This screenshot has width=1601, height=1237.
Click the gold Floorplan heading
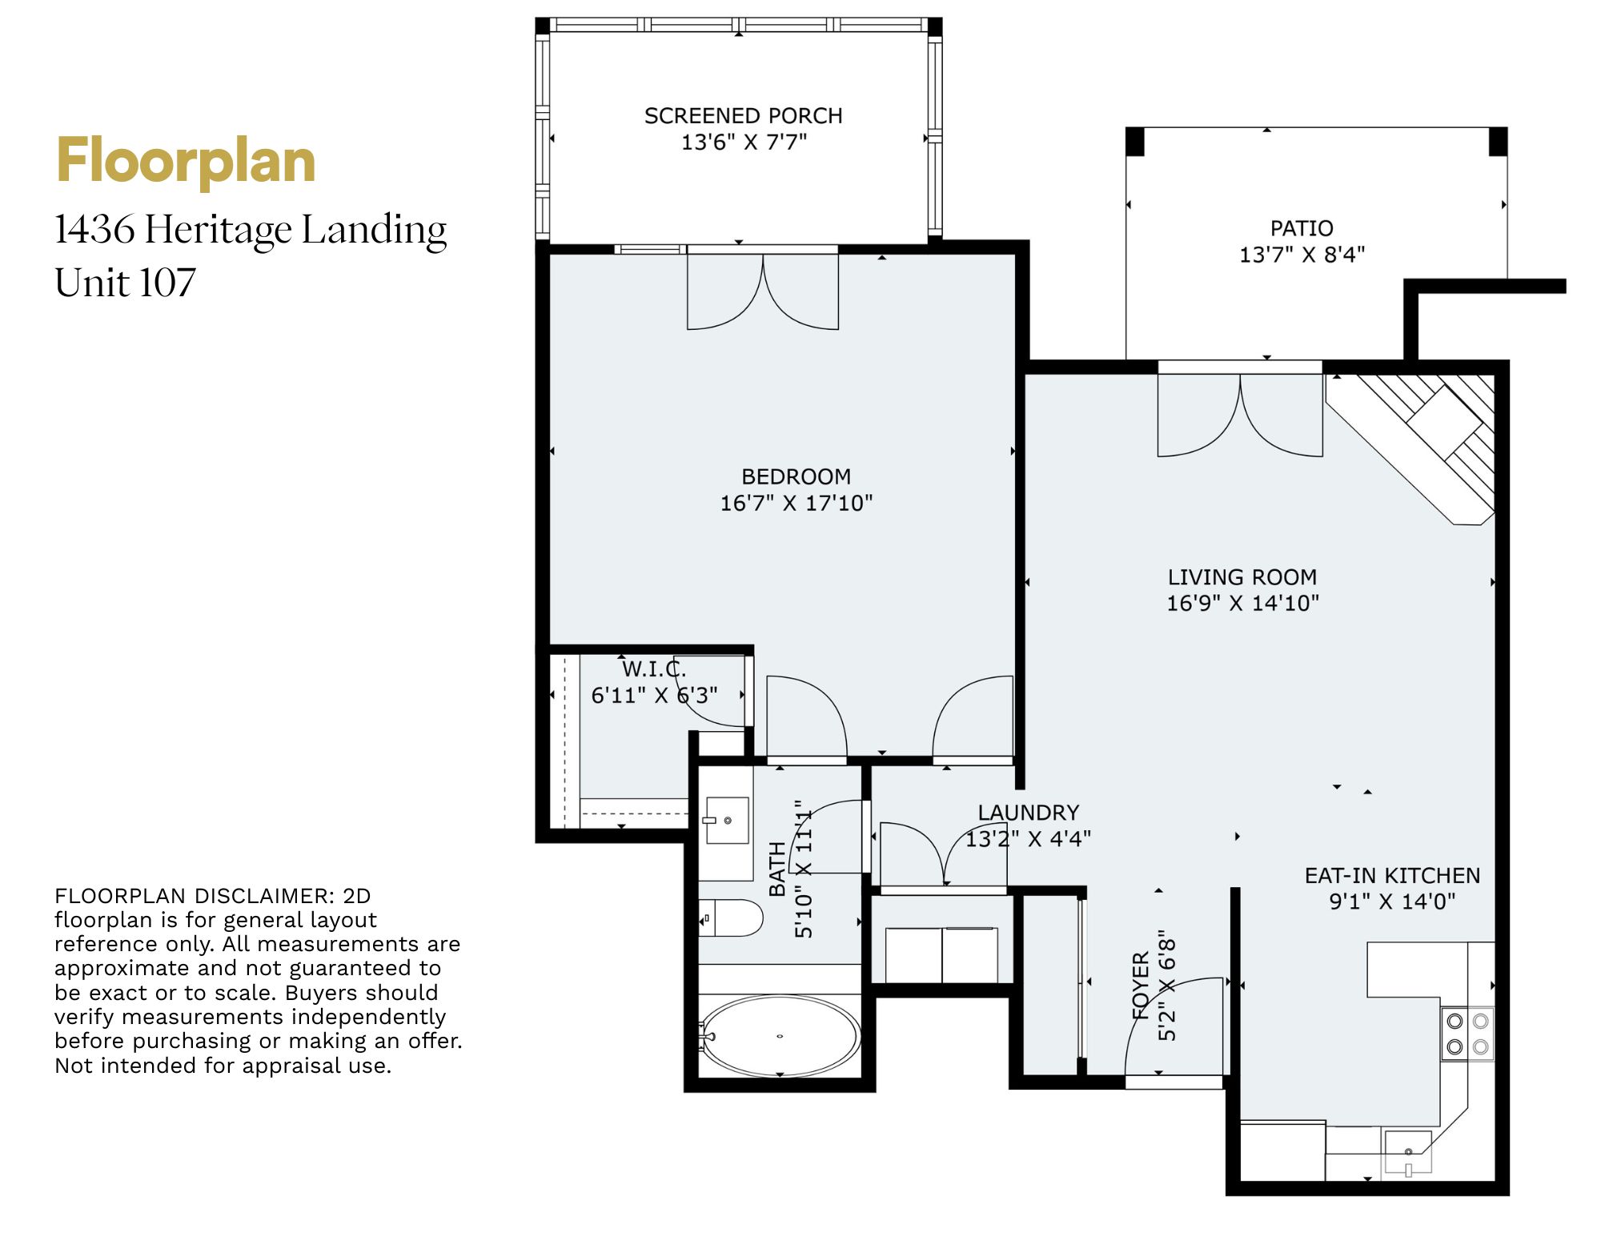coord(186,163)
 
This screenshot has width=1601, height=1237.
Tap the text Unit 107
coord(126,282)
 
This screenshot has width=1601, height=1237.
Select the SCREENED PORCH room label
coord(744,116)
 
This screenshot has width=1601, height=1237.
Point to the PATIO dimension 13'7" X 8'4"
coord(1302,255)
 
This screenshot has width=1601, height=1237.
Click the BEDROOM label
coord(796,476)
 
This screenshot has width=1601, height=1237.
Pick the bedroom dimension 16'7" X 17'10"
coord(796,503)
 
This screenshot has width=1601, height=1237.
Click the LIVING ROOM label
coord(1242,577)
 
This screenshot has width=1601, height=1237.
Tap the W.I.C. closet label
coord(654,669)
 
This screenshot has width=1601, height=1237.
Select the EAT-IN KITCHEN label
coord(1392,875)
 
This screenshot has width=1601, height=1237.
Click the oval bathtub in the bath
coord(780,1036)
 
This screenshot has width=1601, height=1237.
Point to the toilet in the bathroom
coord(732,918)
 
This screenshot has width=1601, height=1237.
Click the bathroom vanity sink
coord(727,821)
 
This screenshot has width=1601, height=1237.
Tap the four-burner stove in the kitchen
coord(1467,1034)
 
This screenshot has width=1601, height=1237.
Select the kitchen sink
coord(1408,1153)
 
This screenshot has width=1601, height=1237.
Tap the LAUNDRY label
coord(1028,813)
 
